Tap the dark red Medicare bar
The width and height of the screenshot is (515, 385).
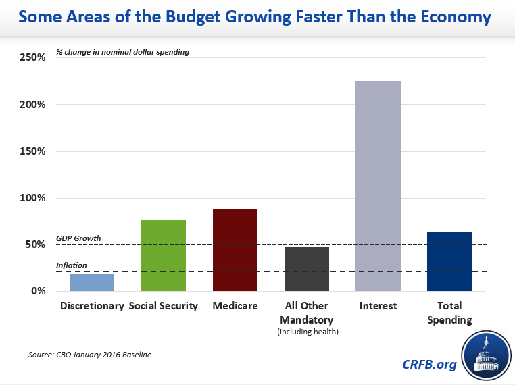click(235, 251)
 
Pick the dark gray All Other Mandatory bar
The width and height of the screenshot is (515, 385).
click(306, 269)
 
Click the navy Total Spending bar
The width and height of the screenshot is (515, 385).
click(449, 262)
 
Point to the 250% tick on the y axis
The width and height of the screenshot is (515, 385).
click(32, 58)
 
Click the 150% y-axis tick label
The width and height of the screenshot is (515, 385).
click(32, 151)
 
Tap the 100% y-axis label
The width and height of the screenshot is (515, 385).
click(32, 198)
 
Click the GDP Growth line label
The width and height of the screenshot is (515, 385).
click(78, 238)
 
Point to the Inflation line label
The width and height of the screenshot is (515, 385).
click(72, 265)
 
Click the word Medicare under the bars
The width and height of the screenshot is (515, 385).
click(235, 306)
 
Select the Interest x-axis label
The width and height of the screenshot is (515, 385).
click(378, 306)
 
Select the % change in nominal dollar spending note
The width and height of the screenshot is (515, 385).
click(122, 52)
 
